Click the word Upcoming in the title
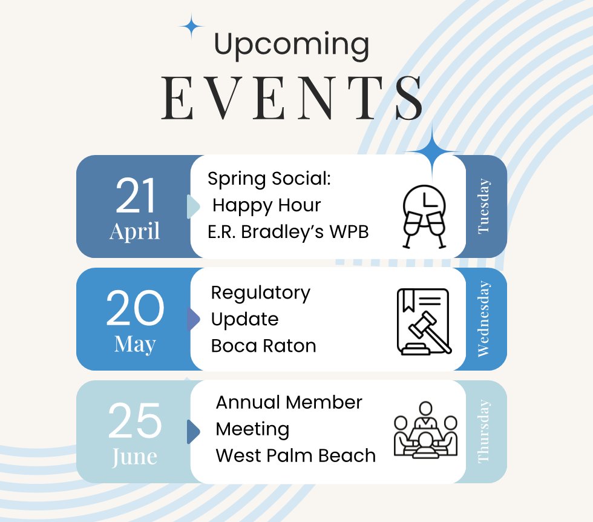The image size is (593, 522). tap(291, 45)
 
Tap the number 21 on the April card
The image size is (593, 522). tap(136, 197)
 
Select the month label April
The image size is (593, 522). tap(135, 231)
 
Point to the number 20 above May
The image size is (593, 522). tap(135, 309)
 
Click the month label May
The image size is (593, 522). tap(135, 344)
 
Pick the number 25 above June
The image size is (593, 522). tap(135, 421)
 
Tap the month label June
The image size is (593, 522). tap(134, 456)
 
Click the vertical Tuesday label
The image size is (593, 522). tap(483, 206)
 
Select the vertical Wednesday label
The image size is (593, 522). tap(483, 319)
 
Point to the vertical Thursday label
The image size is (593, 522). tap(483, 431)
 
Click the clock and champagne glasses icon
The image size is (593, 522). tap(424, 216)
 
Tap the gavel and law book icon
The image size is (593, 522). tap(424, 321)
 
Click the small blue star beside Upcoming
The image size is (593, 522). tap(192, 27)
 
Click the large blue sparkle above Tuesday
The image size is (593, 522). tap(433, 151)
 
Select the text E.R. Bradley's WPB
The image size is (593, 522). tap(288, 232)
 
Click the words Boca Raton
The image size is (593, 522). tap(263, 346)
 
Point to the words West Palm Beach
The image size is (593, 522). tap(295, 455)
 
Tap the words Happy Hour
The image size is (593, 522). tap(266, 205)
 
